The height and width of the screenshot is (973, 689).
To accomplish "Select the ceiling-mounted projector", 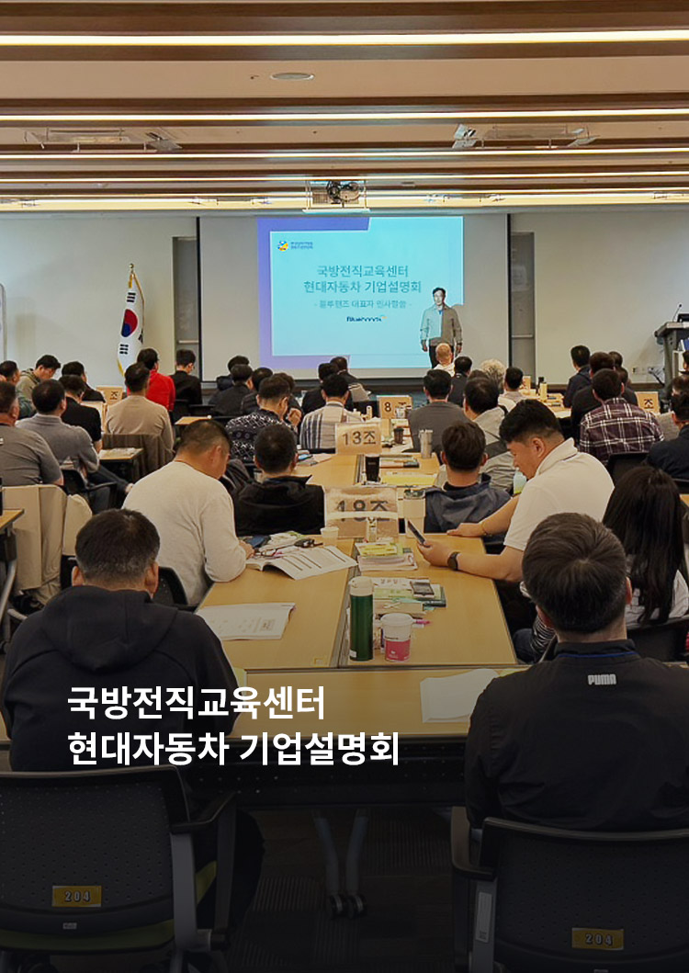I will pos(336,193).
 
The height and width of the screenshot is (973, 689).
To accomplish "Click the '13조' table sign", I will pos(358,437).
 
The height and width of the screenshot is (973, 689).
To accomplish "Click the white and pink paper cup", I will pos(396,637).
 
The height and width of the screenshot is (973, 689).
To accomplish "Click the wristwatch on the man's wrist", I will pos(454,560).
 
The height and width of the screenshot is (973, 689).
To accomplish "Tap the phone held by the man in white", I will pos(415,532).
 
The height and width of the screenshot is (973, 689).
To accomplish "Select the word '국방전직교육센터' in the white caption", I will pos(196,703).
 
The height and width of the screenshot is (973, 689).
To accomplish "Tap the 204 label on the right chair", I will pos(597,938).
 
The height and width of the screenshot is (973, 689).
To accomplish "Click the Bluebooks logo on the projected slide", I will pos(365,319).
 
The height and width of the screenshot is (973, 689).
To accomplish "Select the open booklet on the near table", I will pos(302,561).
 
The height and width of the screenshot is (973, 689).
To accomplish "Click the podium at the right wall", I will pos(671,350).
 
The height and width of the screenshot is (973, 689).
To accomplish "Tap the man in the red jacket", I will pos(159,381).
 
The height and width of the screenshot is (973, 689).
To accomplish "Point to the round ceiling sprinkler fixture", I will pos(292,76).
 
